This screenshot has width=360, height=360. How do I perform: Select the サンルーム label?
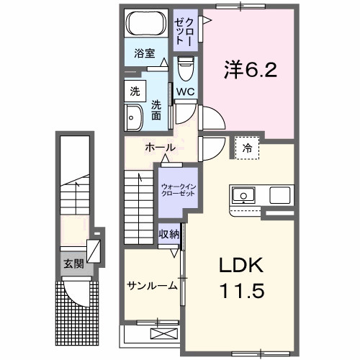pyautogui.click(x=152, y=286)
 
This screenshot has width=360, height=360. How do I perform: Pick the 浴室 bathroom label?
pyautogui.click(x=145, y=53)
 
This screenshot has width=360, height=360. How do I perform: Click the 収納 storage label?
pyautogui.click(x=169, y=234)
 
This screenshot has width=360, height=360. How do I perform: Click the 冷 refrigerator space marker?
pyautogui.click(x=248, y=148)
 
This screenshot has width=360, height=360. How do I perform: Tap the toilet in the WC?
pyautogui.click(x=185, y=70)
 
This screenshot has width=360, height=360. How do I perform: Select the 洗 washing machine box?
pyautogui.click(x=135, y=91)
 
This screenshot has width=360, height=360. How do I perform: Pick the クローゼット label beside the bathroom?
pyautogui.click(x=184, y=29)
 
